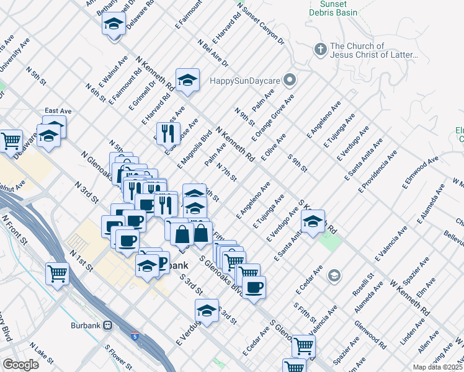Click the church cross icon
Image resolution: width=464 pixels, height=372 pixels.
coord(320,49)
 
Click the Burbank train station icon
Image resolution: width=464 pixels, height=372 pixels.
coord(107,325)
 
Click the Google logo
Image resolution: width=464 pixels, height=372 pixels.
coord(20,364)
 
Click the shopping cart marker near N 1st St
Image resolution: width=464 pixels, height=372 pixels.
coord(57,272)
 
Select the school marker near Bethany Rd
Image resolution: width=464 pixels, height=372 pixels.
coord(114,24)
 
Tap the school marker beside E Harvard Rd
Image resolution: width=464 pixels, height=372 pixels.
coord(187,80)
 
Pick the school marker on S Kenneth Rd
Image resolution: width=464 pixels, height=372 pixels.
coord(313,220)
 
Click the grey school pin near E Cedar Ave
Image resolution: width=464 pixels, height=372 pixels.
coord(334,275)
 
